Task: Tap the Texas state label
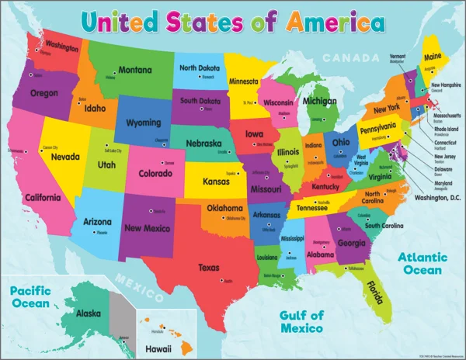[208, 268]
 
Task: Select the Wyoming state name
[144, 123]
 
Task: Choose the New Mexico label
[147, 228]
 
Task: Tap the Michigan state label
[320, 101]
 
